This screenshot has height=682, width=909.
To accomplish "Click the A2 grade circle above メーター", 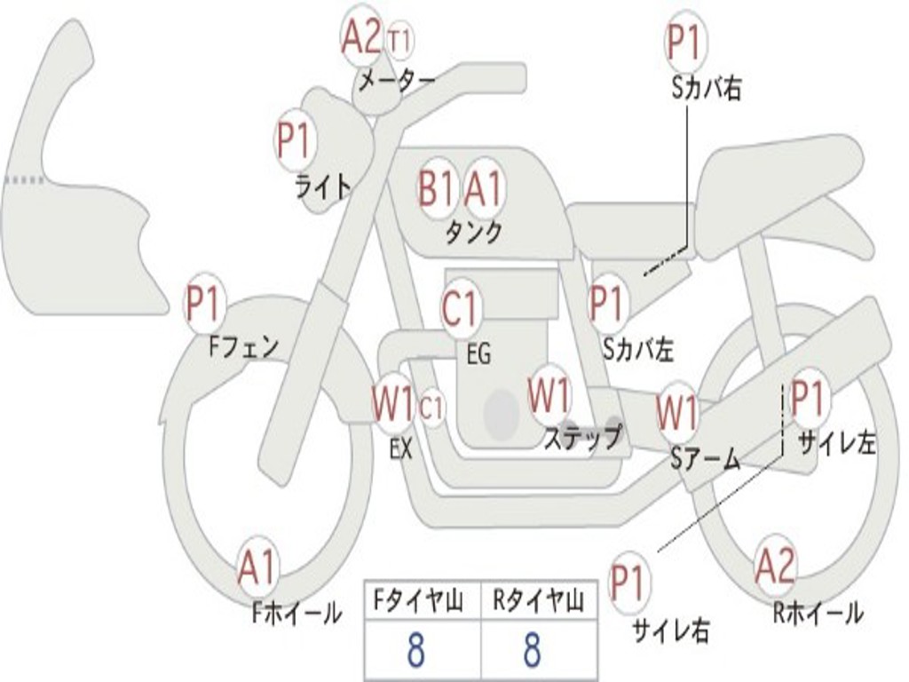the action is [361, 36].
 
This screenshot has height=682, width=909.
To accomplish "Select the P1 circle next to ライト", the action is [294, 140].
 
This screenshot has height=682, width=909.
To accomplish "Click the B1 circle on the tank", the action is [437, 188].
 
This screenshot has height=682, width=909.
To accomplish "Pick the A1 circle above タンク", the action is [483, 188].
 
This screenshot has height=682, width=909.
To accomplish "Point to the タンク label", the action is [473, 233].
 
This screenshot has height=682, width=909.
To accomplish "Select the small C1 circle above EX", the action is [431, 408].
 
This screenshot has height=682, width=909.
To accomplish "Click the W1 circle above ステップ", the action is [549, 396].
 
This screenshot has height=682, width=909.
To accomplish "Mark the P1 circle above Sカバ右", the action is [684, 44].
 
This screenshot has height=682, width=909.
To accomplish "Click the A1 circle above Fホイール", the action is [257, 568].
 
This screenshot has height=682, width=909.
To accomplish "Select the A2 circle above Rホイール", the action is [775, 565].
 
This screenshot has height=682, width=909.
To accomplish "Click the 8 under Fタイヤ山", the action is [415, 651].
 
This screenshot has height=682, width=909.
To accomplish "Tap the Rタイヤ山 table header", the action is [538, 603].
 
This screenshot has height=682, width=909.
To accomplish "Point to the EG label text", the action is [478, 355].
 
